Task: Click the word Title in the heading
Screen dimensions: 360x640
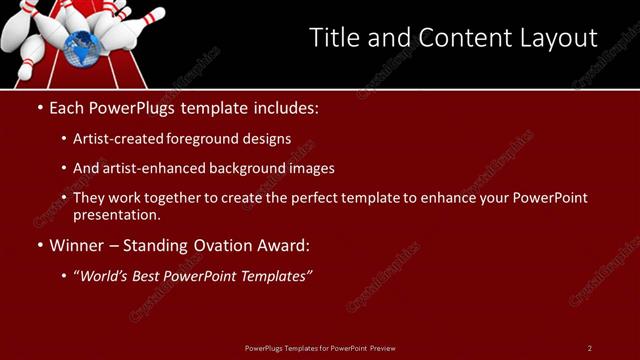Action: (x=333, y=38)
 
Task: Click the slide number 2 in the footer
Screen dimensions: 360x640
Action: (x=589, y=347)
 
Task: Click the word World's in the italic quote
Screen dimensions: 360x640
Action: (x=107, y=275)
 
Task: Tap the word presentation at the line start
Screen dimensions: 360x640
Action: (x=116, y=214)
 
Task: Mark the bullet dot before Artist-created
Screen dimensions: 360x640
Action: (x=65, y=139)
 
